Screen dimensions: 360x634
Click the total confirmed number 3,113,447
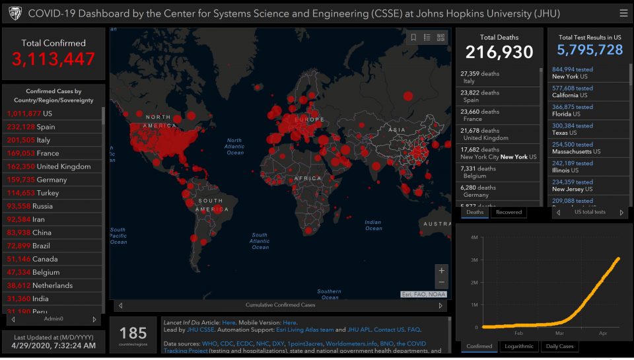53,59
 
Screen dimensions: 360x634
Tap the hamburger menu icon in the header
623,13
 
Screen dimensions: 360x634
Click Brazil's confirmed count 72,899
20,246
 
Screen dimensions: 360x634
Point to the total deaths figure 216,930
499,52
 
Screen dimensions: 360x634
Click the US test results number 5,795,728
590,50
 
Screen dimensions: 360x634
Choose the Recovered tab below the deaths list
509,212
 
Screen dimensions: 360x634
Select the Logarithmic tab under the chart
519,346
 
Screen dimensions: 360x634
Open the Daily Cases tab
559,346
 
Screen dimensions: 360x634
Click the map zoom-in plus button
442,270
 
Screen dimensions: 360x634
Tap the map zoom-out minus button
442,283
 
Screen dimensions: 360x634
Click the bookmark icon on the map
413,38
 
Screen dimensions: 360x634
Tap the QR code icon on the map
441,38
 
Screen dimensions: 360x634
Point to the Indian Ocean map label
373,225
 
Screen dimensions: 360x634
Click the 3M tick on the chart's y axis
474,260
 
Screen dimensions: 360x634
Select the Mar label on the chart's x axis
560,334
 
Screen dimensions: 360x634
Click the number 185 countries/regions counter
133,334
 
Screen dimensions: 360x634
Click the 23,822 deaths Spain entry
480,96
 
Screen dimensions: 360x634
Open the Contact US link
389,329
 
